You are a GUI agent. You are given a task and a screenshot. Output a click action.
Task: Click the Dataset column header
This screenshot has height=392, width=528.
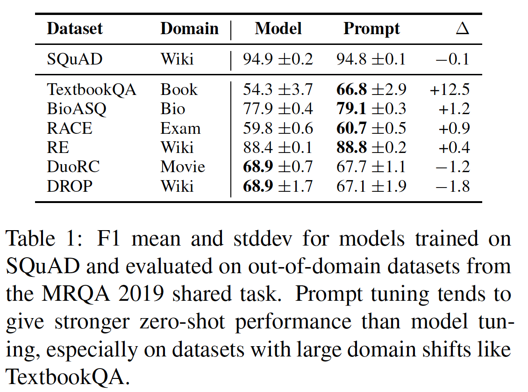point(75,29)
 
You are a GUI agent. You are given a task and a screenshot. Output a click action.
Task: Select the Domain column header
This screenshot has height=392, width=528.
point(189,29)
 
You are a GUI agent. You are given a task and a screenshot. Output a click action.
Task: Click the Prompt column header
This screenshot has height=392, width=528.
point(371,29)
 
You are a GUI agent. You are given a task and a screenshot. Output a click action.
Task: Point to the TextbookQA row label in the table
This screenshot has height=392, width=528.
point(92,89)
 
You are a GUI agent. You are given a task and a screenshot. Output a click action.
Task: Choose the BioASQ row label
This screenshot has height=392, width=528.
point(77,109)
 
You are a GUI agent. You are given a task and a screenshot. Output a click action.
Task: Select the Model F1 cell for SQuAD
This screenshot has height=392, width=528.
point(278,59)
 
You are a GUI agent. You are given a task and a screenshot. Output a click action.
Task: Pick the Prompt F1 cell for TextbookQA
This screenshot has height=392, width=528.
point(371,89)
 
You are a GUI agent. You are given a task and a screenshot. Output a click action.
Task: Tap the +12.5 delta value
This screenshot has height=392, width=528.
point(450,89)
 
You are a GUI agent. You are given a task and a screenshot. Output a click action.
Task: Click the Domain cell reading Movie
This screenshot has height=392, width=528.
point(183,167)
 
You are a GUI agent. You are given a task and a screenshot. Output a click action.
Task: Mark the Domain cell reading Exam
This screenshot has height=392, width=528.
point(180,128)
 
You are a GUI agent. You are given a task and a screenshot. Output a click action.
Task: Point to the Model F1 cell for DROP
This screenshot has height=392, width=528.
point(278,186)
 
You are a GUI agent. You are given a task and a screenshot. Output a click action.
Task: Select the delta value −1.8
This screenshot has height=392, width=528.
point(452,186)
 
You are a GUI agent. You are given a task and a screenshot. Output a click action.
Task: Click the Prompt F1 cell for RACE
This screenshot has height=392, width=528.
point(371,128)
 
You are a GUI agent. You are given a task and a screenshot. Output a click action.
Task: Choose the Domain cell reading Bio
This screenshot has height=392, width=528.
point(173,109)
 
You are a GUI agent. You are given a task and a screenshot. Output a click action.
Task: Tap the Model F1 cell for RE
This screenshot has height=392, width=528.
point(278,147)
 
